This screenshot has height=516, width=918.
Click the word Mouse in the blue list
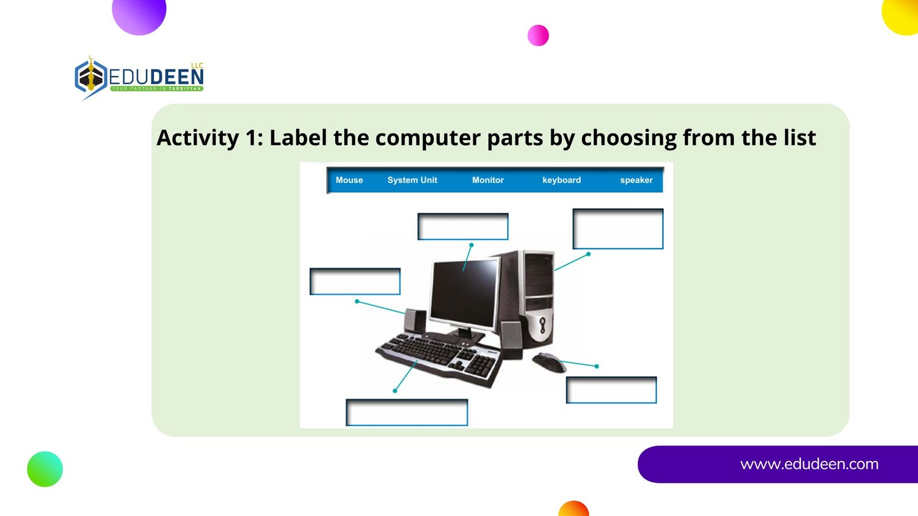pos(349,180)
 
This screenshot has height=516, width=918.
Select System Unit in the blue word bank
pos(413,180)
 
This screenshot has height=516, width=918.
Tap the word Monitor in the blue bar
pos(488,180)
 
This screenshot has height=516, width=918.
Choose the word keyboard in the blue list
pos(562,180)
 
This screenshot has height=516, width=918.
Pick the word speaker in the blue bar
pos(636,180)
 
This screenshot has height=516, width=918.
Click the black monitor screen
pos(465,293)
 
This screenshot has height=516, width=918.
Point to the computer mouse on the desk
pos(549,362)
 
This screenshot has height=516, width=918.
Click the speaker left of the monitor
pos(415,320)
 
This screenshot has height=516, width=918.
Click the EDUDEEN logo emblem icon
pos(91,77)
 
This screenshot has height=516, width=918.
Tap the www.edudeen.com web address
pos(809,464)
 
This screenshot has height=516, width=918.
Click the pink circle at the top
pos(538,35)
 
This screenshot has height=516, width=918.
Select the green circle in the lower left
pos(45,469)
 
